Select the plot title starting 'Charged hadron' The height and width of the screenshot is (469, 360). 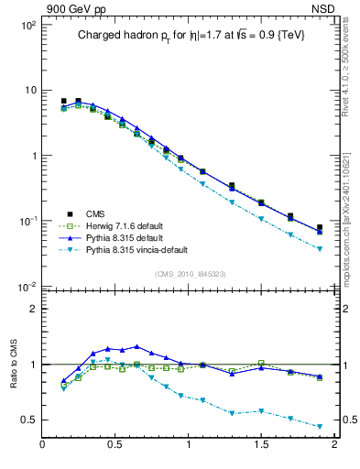point(190,34)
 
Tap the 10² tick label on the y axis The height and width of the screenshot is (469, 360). point(27,25)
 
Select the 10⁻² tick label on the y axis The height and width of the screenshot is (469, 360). point(27,287)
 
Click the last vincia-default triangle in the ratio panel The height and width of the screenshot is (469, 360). point(320,427)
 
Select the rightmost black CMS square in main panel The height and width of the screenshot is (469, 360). point(320,227)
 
